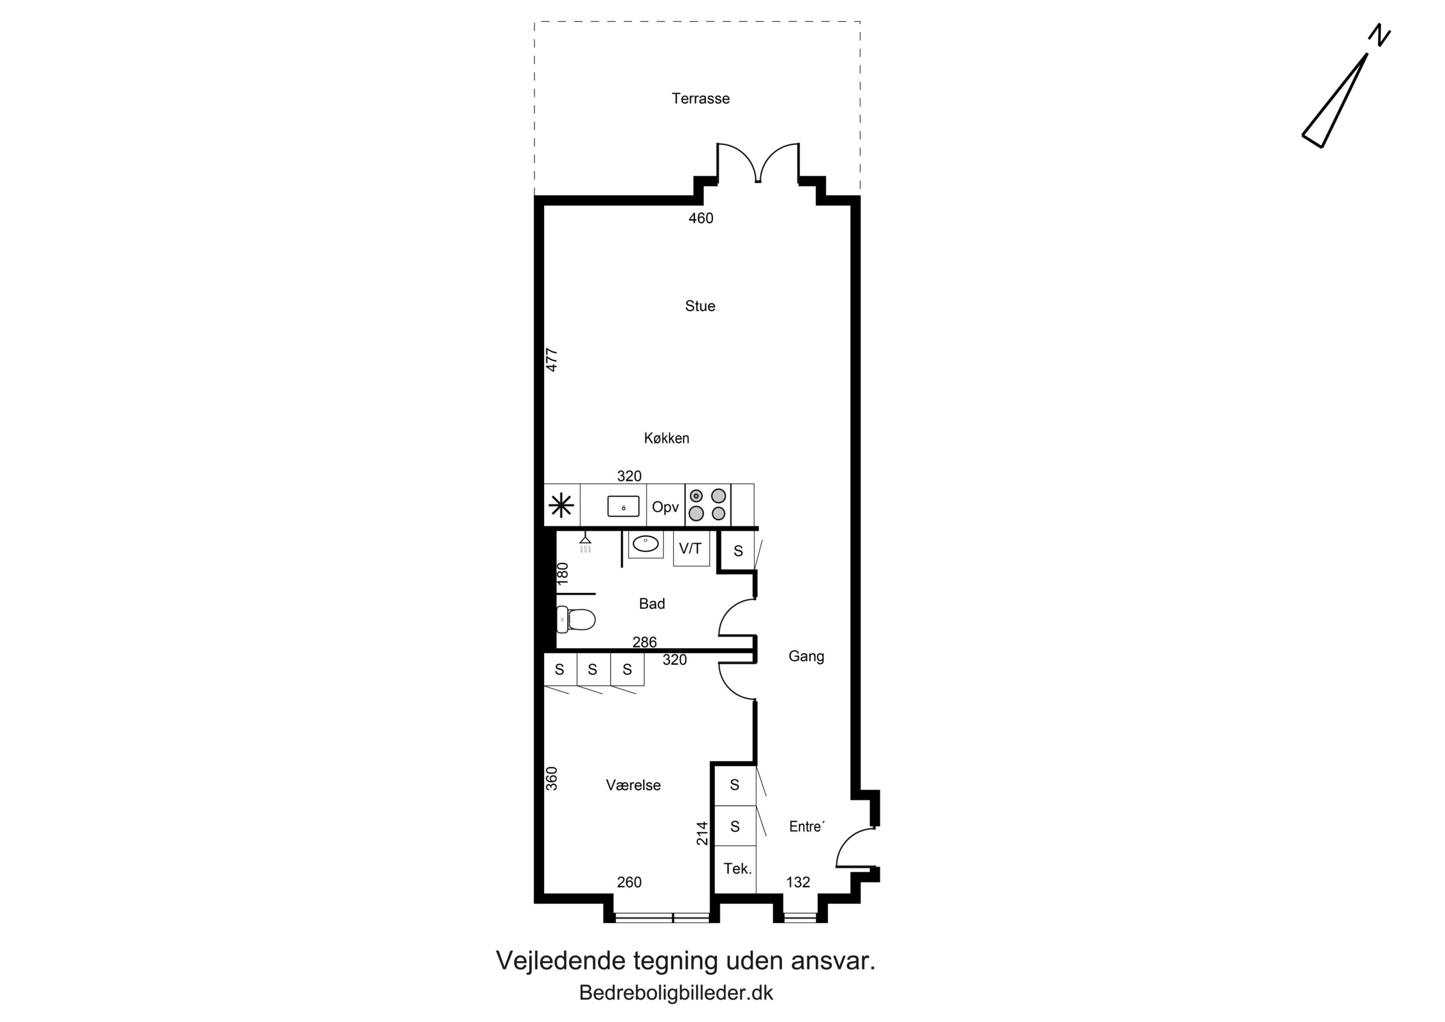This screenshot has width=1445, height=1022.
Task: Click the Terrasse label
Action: tap(700, 98)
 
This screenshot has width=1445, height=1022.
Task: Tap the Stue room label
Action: tap(700, 306)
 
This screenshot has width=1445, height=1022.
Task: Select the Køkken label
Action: tap(667, 438)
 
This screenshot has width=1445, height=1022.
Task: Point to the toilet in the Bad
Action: tap(576, 619)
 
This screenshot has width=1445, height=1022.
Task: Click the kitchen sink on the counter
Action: tap(623, 506)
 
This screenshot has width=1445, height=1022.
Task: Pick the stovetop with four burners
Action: tap(707, 505)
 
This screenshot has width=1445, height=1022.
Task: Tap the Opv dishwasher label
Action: tap(665, 507)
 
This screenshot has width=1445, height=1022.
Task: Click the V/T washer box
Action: tap(691, 548)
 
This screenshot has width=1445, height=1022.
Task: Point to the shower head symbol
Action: tap(585, 541)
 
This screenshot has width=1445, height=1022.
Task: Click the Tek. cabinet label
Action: tap(738, 869)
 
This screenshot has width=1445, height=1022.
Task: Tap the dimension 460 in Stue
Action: tap(701, 219)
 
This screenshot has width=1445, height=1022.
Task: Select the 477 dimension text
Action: tap(551, 360)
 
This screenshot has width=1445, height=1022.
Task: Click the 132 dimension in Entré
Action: tap(798, 882)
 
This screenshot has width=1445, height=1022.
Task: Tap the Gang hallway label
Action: tap(806, 656)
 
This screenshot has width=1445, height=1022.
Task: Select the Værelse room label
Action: tap(633, 785)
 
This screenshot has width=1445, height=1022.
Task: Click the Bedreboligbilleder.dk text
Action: tap(676, 993)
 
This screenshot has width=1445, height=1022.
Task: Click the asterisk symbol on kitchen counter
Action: tap(562, 506)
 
